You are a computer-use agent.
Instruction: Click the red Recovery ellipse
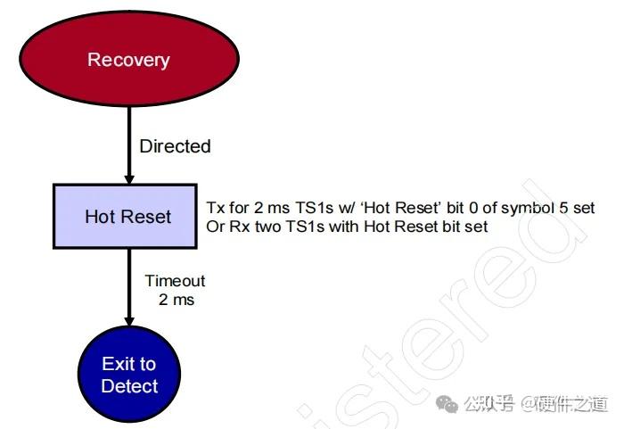tap(127, 61)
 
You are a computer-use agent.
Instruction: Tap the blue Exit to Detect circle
tap(129, 375)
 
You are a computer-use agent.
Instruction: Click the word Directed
tap(175, 146)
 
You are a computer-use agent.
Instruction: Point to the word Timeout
tap(175, 281)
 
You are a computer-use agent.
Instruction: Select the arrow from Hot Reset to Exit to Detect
tap(128, 285)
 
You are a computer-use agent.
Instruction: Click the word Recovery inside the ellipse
tap(127, 61)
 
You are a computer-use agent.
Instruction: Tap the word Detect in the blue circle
tap(129, 387)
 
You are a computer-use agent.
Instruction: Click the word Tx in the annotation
tap(215, 209)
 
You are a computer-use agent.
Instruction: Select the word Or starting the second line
tap(215, 227)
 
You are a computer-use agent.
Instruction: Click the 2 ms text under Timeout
tap(176, 300)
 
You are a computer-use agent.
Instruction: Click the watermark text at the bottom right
tap(535, 406)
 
